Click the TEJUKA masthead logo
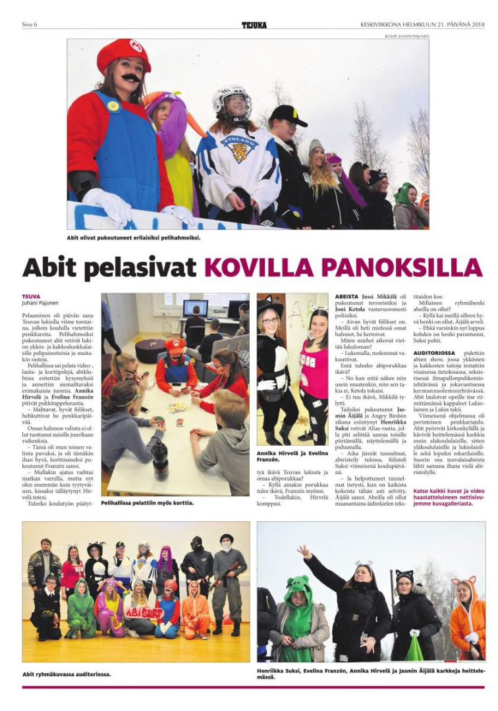click(x=254, y=25)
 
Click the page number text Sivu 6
click(x=30, y=25)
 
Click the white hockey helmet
click(x=231, y=99)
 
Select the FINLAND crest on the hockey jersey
click(x=239, y=149)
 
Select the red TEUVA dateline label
click(x=31, y=297)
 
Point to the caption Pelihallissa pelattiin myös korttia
click(x=148, y=503)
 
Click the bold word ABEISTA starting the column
click(x=346, y=297)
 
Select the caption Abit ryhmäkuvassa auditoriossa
click(x=67, y=674)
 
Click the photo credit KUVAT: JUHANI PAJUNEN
click(x=407, y=36)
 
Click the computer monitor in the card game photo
click(x=195, y=307)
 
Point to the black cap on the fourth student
click(x=289, y=115)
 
